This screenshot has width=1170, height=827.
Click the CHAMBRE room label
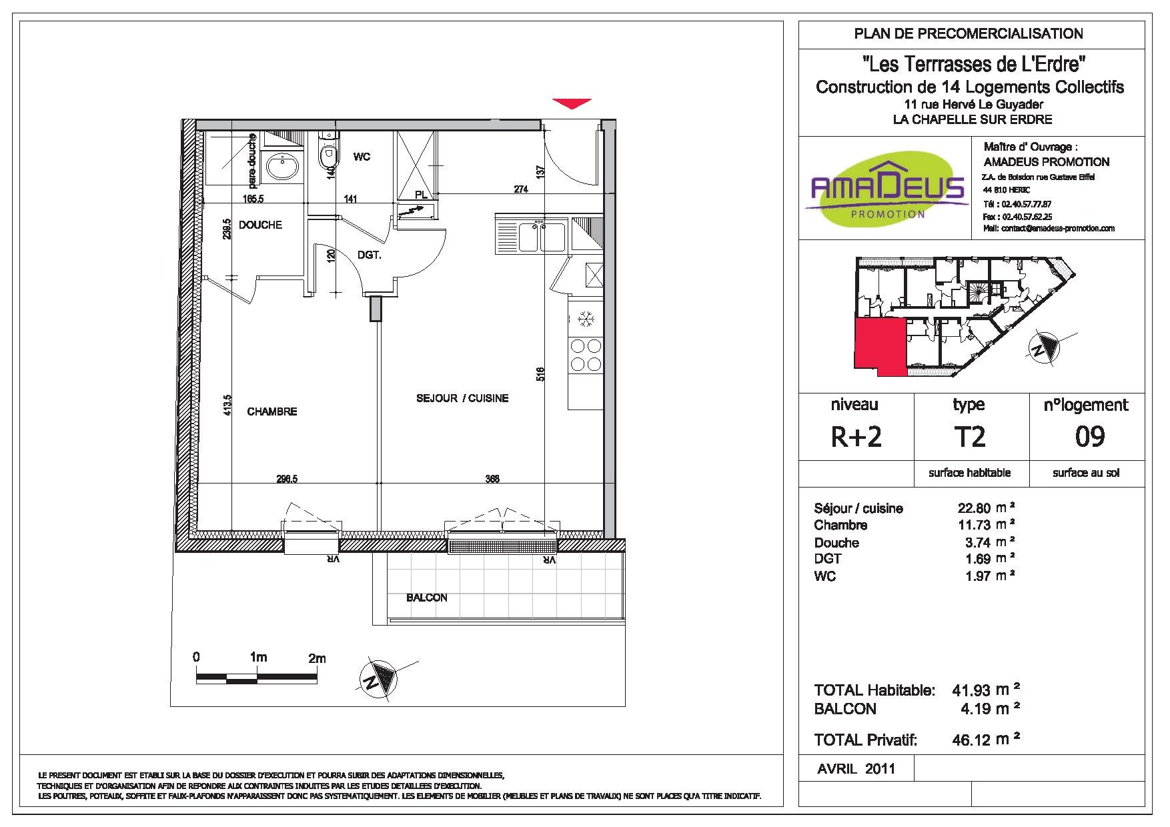271,411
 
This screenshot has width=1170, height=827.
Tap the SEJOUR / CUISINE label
462,398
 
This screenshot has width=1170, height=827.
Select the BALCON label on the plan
427,598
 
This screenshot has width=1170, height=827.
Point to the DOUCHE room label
260,225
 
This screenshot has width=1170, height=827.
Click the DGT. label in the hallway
369,254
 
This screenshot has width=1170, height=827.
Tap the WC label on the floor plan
362,157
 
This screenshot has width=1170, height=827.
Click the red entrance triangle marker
572,103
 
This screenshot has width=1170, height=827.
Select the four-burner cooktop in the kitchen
585,355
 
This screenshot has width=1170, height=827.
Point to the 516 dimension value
541,374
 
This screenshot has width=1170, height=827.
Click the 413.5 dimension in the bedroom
228,405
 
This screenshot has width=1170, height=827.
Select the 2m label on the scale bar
317,658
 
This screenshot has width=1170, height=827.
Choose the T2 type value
969,437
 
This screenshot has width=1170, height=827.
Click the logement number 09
1090,437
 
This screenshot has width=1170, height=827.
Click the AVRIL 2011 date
856,768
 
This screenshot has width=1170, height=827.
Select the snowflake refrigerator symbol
585,318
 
